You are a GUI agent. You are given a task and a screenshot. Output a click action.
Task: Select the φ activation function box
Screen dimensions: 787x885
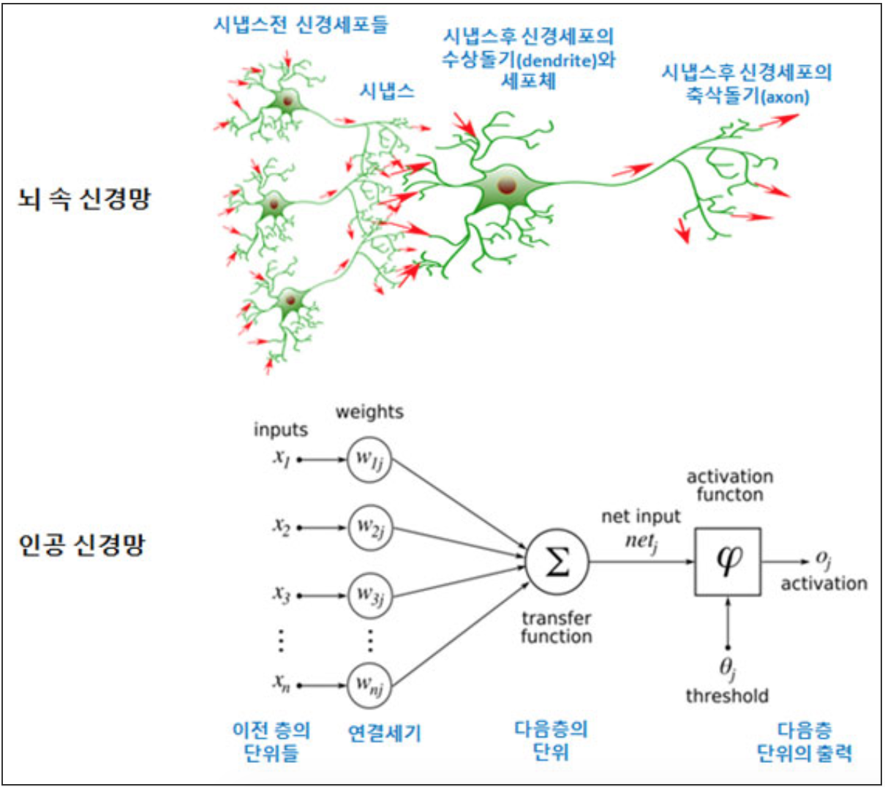pos(727,562)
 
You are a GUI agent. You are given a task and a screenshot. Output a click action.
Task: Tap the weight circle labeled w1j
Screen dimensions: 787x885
pos(369,460)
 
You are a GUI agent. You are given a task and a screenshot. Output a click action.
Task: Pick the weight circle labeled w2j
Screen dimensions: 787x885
pos(369,527)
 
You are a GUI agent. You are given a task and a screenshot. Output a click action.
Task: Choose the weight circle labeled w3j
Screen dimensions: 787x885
pos(369,595)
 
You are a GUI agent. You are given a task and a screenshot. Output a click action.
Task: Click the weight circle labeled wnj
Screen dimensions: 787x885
pos(369,685)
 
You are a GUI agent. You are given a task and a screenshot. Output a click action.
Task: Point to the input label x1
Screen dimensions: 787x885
pos(282,458)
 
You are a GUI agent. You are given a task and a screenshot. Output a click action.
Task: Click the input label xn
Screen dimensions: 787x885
pos(282,683)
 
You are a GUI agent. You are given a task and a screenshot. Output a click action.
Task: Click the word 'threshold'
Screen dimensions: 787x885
pos(727,696)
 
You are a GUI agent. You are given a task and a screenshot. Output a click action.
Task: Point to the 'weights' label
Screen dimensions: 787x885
pos(369,412)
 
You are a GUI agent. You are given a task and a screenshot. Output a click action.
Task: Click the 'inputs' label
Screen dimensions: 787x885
pos(281,430)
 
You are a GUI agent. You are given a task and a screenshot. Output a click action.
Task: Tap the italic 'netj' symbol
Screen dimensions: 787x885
pos(641,541)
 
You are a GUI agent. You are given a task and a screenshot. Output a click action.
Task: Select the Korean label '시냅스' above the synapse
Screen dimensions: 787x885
pos(387,91)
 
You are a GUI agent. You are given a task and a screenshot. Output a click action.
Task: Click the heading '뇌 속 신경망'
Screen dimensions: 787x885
pos(83,198)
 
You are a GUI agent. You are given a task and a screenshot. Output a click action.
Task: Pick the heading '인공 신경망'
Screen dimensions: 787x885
pos(81,545)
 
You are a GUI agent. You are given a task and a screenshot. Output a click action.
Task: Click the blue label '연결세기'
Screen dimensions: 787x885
pos(385,733)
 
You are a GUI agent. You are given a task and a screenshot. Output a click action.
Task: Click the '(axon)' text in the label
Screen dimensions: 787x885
pos(786,97)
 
